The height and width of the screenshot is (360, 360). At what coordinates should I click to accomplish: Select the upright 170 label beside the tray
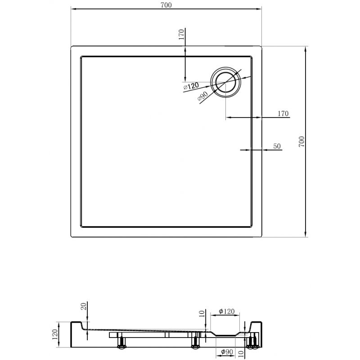point(283,113)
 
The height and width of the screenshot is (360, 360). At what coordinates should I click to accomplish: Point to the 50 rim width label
point(277,146)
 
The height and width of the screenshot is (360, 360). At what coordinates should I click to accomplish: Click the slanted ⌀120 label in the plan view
point(191,86)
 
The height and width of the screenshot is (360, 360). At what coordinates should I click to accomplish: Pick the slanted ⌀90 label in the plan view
point(202,96)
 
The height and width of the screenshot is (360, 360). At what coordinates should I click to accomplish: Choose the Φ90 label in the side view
point(226,351)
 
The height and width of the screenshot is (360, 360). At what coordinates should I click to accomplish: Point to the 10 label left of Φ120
point(202,314)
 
